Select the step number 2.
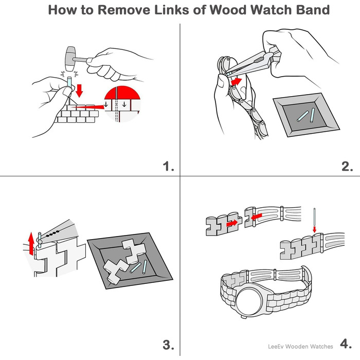tap(347, 166)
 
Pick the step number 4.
tap(347, 344)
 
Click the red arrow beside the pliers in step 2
tap(236, 81)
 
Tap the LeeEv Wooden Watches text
tap(300, 346)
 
